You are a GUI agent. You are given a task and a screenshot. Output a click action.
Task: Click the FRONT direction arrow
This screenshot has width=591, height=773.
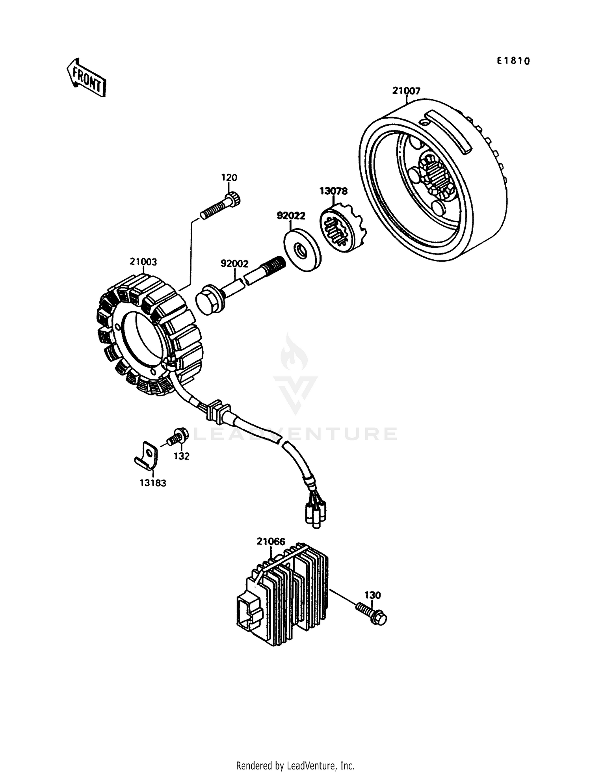[x=86, y=78]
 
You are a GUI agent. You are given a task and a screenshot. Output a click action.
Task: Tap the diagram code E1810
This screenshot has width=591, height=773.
[x=513, y=61]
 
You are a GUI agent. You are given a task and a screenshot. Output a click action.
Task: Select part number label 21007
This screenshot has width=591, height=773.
[x=406, y=91]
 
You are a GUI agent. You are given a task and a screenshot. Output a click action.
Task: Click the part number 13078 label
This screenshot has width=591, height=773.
[x=333, y=191]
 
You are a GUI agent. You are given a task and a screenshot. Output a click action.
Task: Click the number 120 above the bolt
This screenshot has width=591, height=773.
[x=229, y=178]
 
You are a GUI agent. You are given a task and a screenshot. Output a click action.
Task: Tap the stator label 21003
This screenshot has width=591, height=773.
[x=143, y=262]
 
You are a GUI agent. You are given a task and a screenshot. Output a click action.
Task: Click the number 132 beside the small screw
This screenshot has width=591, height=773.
[x=182, y=456]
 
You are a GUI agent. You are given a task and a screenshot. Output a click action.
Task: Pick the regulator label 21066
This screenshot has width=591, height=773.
[x=271, y=541]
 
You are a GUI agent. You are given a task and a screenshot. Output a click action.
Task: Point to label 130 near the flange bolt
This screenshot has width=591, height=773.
[x=372, y=595]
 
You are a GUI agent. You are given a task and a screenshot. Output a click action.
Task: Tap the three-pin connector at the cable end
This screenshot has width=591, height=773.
[x=316, y=514]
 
